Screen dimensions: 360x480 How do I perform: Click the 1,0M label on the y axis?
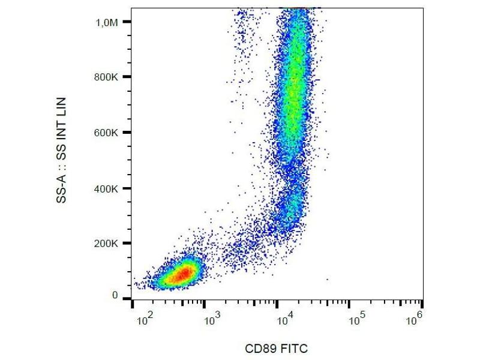(109, 22)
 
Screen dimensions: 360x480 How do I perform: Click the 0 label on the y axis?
(115, 296)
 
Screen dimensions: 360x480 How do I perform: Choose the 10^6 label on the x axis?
(415, 319)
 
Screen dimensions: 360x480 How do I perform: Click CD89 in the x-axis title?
(259, 349)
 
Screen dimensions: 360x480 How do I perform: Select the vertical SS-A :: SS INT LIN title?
(62, 150)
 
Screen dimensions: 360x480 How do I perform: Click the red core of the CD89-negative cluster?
(183, 274)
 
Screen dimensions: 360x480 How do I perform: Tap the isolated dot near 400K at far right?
(328, 279)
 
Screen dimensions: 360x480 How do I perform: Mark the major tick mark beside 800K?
(127, 77)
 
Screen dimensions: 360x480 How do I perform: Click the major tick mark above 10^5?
(350, 304)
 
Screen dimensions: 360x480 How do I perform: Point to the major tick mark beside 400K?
(127, 188)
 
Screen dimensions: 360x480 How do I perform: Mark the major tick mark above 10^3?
(205, 304)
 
